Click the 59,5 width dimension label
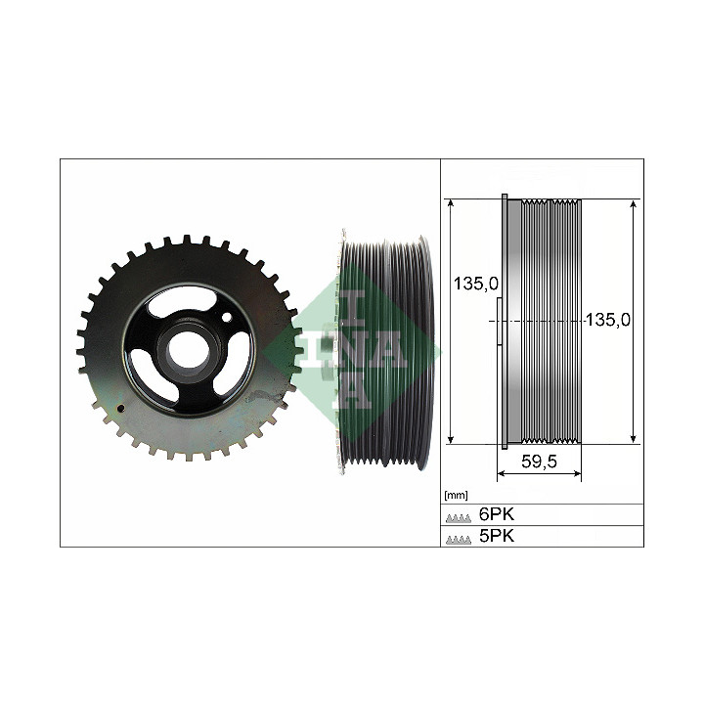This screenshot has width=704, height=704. click(x=539, y=462)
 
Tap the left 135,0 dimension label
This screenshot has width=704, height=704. click(x=476, y=284)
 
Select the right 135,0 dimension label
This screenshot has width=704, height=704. click(x=608, y=320)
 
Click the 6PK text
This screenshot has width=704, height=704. click(x=496, y=514)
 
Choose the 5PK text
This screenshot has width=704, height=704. click(x=496, y=536)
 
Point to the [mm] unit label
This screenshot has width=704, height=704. click(x=456, y=495)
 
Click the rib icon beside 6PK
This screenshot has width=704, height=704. click(x=459, y=518)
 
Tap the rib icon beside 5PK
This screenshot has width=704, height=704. click(x=459, y=540)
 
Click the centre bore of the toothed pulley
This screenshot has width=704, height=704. click(x=189, y=349)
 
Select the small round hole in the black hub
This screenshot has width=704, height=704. click(x=227, y=318)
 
